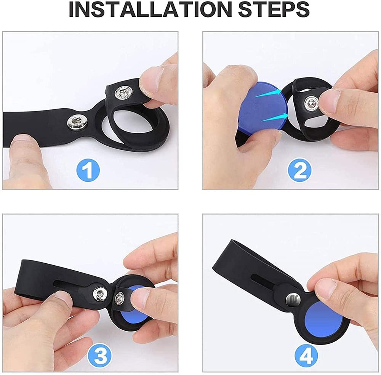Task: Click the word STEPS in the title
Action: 274,9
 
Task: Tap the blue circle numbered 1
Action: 88,170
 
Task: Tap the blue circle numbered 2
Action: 299,170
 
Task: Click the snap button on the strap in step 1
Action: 75,122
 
